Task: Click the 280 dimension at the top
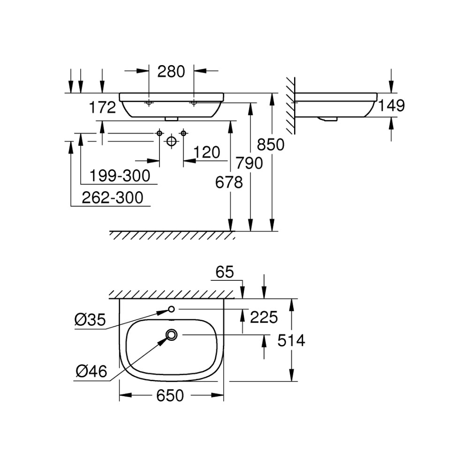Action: click(171, 72)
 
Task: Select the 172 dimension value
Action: click(102, 108)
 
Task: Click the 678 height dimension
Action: click(229, 182)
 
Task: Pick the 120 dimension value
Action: click(207, 152)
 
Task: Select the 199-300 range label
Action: click(120, 176)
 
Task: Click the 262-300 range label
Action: click(113, 198)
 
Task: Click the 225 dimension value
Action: click(264, 317)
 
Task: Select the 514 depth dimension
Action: click(291, 340)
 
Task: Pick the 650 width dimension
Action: click(170, 396)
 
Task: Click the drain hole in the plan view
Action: click(172, 335)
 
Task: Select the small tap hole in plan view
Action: click(171, 309)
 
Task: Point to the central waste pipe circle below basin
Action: click(171, 141)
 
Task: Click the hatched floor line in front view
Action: click(172, 235)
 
